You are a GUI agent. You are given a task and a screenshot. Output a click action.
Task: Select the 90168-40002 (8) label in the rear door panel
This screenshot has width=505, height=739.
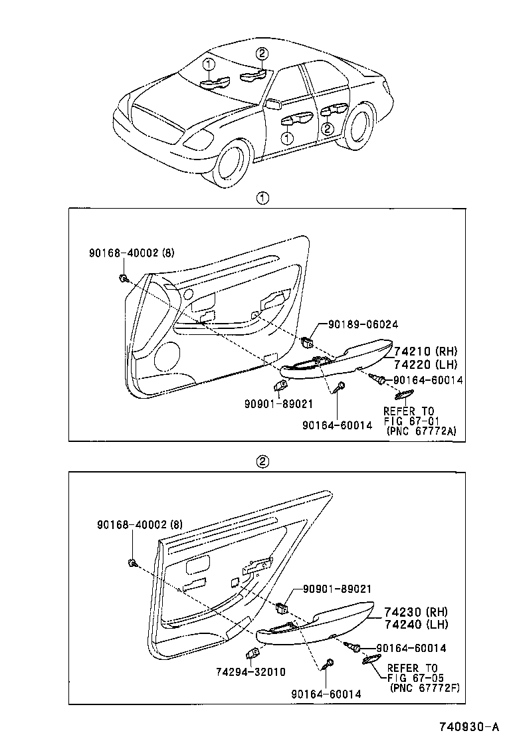pos(135,524)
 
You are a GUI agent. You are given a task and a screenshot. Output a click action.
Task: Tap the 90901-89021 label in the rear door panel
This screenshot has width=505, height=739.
pos(337,589)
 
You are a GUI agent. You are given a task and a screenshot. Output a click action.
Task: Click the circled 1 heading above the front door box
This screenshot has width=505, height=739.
pos(263,198)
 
